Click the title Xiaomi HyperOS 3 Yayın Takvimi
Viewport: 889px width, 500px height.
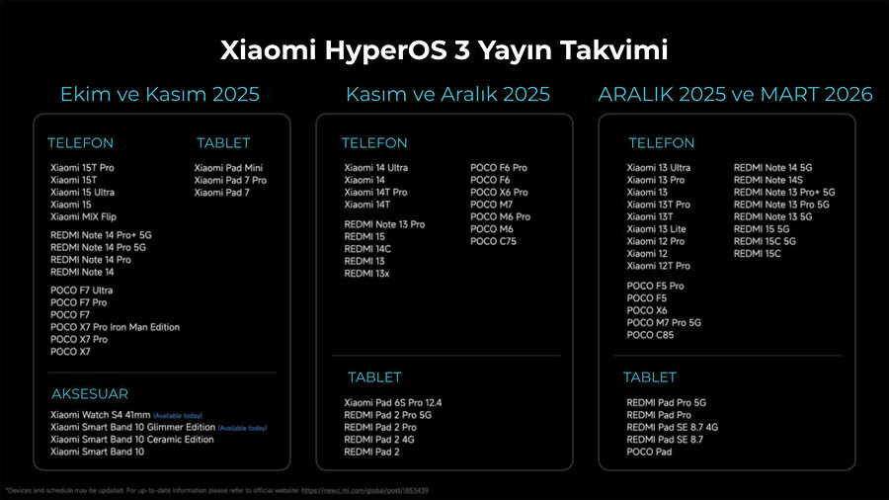coord(444,49)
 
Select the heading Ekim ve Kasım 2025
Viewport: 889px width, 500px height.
coord(160,95)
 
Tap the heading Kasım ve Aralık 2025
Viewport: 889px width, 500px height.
coord(447,95)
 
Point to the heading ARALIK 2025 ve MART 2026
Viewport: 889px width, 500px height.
coord(735,95)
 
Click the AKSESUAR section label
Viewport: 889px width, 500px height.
coord(88,394)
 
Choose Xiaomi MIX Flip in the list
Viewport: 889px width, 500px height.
coord(83,216)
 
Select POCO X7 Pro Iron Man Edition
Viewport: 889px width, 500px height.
coord(115,327)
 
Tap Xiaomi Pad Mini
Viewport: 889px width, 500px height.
coord(228,168)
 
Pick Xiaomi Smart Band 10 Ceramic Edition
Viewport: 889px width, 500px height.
coord(131,440)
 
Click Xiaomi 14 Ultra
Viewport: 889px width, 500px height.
coord(375,168)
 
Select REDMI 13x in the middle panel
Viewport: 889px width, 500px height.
coord(366,274)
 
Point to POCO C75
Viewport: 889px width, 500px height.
coord(493,241)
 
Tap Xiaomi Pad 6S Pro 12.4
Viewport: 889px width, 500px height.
coord(393,403)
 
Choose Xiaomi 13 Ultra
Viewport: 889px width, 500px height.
coord(658,168)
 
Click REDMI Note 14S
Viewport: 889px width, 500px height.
coord(768,180)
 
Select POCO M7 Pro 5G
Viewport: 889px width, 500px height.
coord(664,322)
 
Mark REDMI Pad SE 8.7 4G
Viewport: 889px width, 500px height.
coord(672,427)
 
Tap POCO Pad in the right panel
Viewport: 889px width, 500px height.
coord(649,452)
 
